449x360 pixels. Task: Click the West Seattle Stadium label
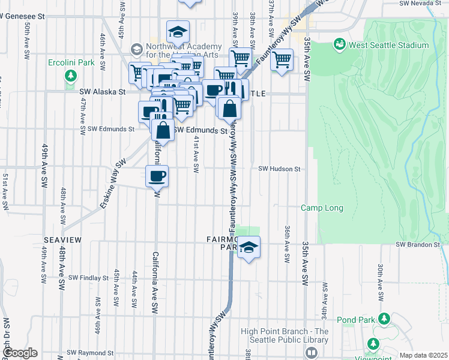coord(389,45)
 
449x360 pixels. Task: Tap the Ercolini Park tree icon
coord(71,76)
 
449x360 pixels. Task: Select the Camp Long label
coord(322,208)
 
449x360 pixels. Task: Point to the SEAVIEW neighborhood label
coord(62,240)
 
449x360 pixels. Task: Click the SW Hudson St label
coord(279,169)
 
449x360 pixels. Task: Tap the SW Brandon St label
coord(418,245)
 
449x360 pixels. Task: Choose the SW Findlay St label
coord(88,278)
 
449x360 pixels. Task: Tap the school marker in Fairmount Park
coord(248,247)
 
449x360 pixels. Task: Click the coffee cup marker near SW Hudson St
coord(157,176)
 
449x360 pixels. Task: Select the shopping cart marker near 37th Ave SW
coord(281,59)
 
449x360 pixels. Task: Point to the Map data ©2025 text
coord(423,355)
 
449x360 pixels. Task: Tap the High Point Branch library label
coord(285,336)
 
